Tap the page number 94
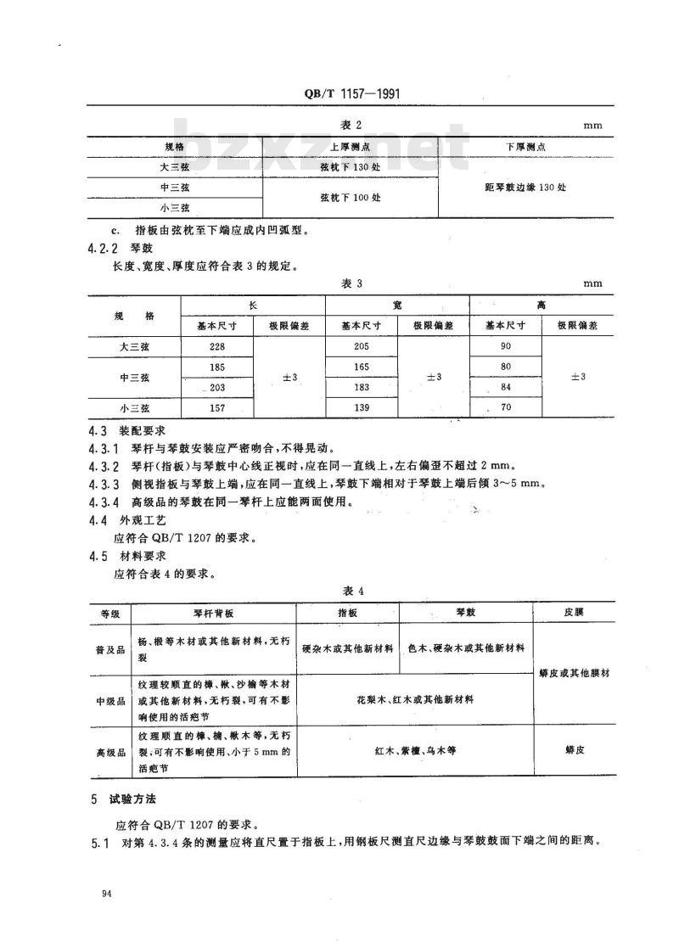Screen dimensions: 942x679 point(106,894)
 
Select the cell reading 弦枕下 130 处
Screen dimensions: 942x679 point(350,166)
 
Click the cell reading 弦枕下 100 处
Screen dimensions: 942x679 point(350,197)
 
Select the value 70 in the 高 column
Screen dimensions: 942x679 point(506,407)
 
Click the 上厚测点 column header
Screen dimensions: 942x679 point(350,147)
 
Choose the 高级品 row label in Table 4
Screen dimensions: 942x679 point(111,752)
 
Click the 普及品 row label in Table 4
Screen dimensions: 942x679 point(111,648)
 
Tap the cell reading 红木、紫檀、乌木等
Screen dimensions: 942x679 point(415,751)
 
